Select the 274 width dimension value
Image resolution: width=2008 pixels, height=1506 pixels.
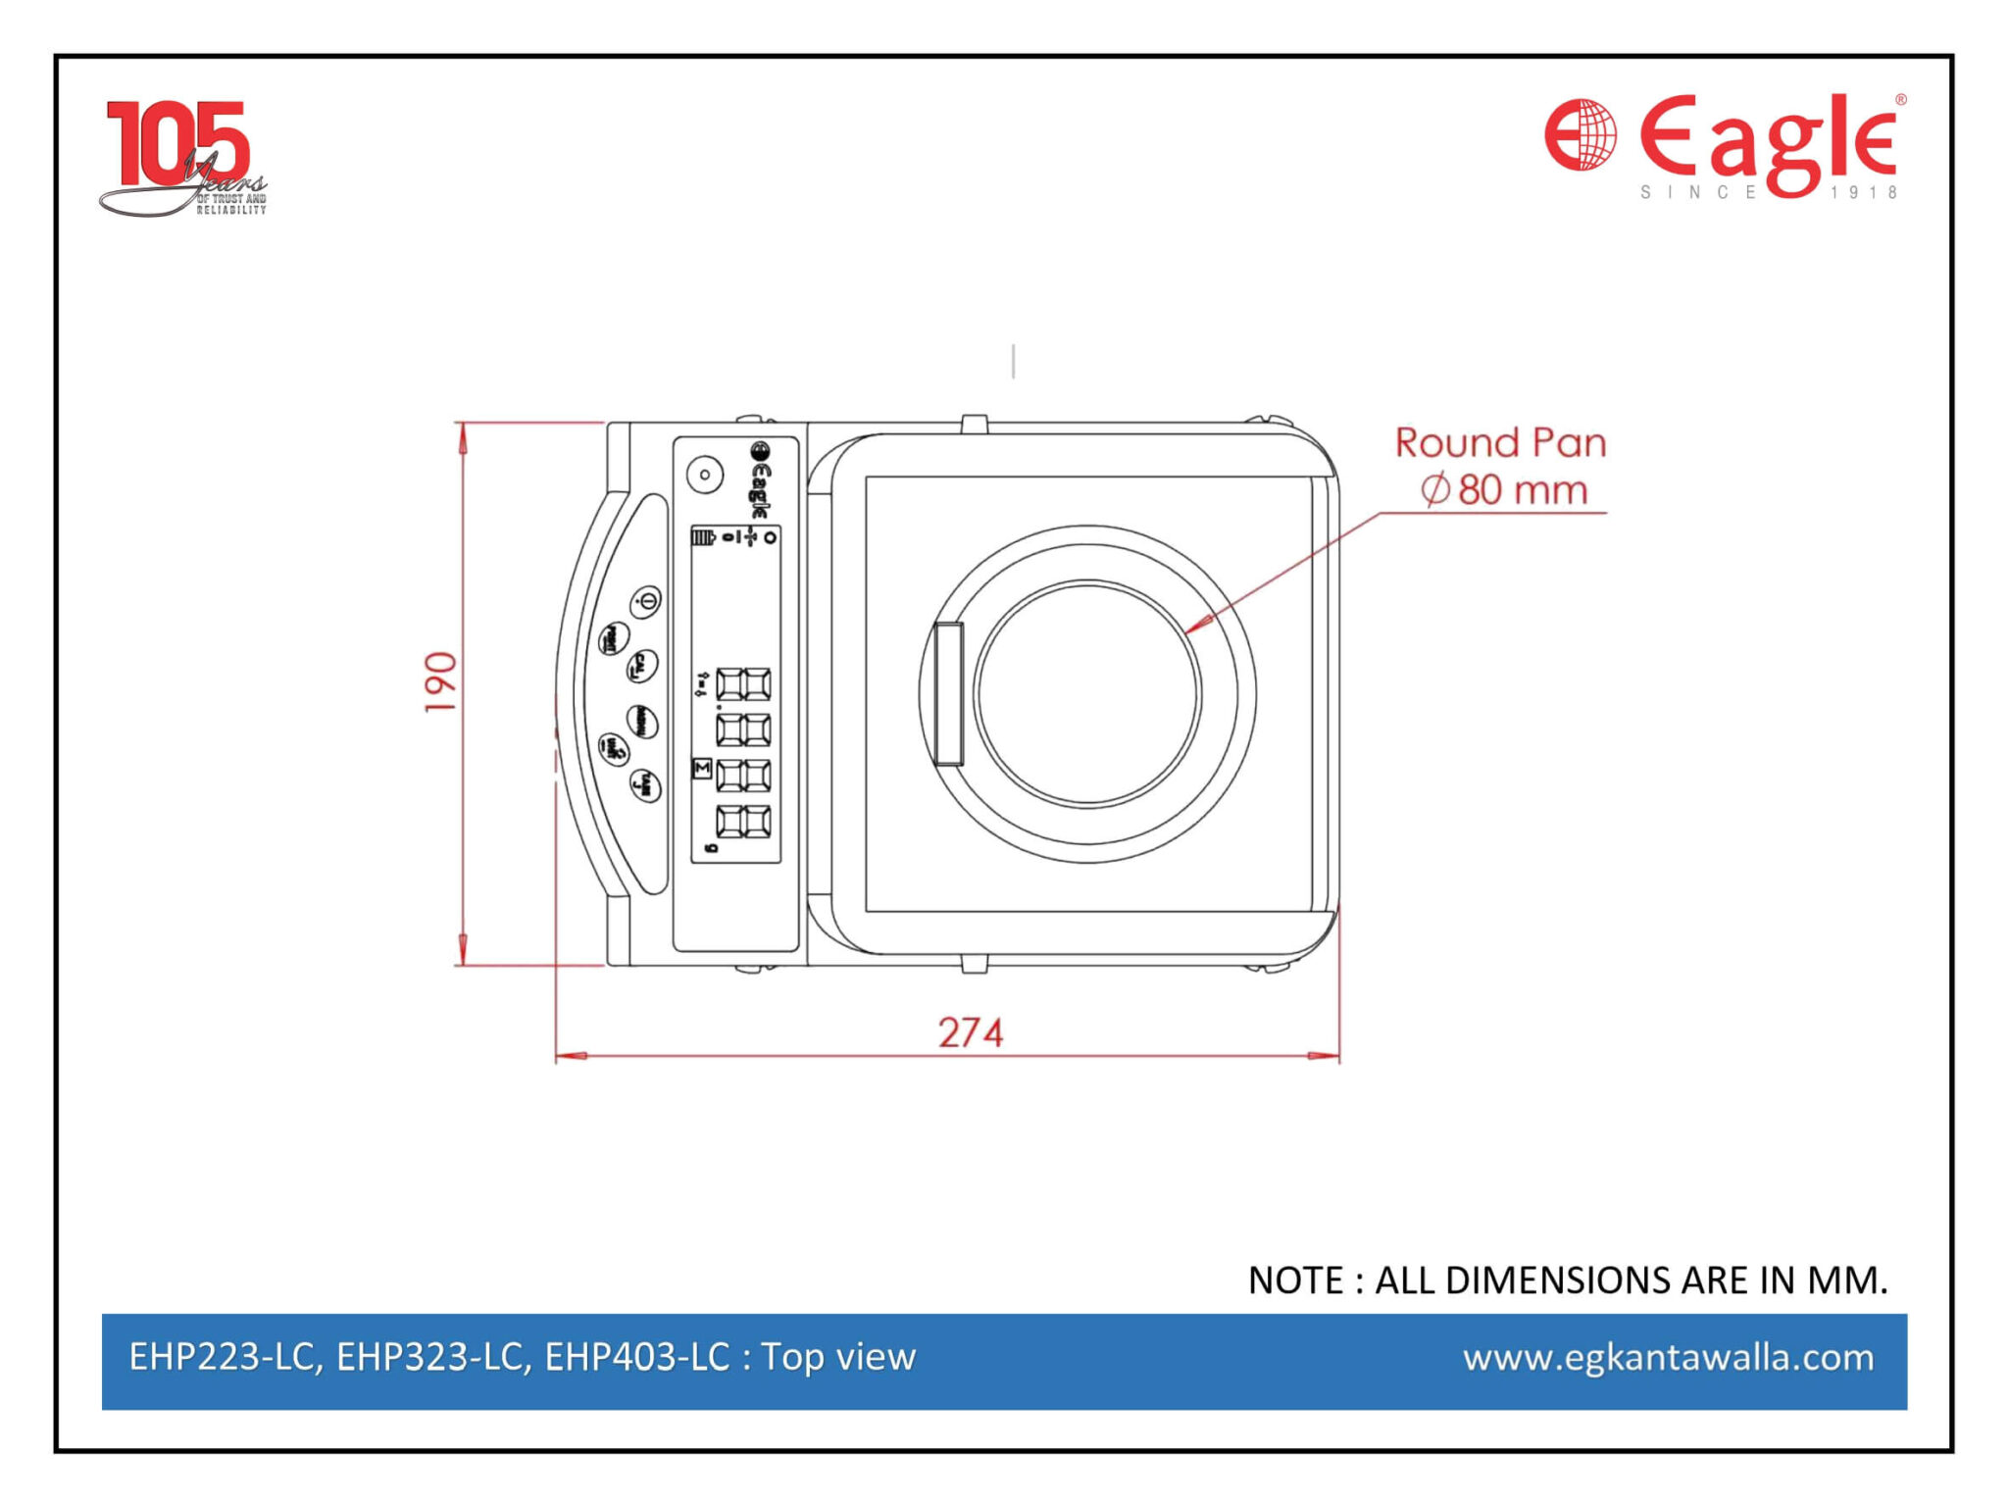[970, 1032]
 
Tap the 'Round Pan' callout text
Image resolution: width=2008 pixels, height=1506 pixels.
[1500, 443]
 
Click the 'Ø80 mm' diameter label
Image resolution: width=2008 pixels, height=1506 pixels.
[1504, 489]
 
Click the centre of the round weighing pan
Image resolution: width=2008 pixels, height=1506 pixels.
[1087, 694]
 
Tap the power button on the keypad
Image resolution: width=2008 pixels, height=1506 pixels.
[645, 600]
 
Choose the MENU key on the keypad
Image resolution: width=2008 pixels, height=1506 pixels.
[642, 723]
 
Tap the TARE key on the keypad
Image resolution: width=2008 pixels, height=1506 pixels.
[645, 785]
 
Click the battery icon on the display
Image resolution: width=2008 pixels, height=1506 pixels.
[704, 536]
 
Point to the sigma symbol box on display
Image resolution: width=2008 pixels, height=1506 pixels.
[701, 768]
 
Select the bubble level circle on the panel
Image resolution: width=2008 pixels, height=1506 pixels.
[704, 475]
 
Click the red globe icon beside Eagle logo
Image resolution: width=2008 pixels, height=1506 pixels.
[1581, 134]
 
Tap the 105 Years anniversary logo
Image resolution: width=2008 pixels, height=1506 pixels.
[181, 157]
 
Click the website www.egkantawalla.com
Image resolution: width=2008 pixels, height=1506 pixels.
[1668, 1358]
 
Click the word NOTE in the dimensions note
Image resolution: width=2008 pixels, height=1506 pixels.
[1294, 1280]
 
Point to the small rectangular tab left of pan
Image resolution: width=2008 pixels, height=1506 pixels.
[948, 692]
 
